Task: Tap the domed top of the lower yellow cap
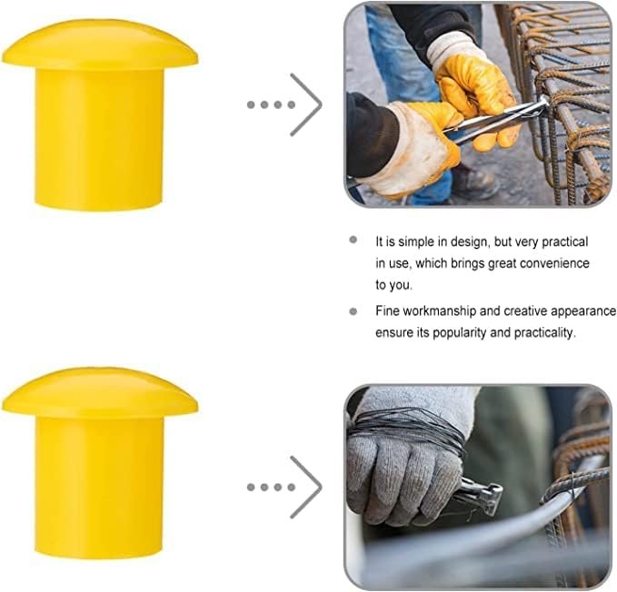(100, 393)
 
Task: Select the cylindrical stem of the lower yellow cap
(99, 488)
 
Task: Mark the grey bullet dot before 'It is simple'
(353, 240)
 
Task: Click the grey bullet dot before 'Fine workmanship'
(353, 311)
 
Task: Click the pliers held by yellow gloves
(496, 119)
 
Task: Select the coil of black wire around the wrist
(409, 429)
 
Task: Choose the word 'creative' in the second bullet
(526, 311)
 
